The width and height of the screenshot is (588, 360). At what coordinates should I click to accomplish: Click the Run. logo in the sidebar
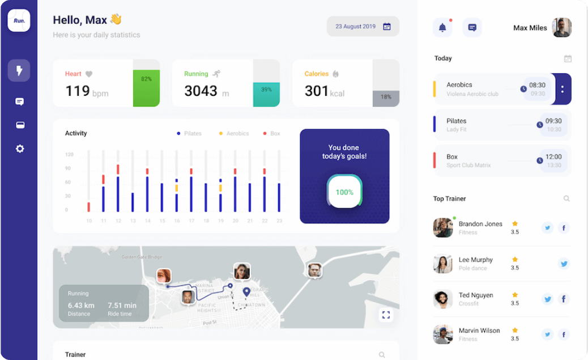pyautogui.click(x=19, y=20)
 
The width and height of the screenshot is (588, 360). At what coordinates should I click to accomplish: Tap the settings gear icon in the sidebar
pyautogui.click(x=20, y=149)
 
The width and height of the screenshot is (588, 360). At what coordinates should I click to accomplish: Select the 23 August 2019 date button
pyautogui.click(x=363, y=26)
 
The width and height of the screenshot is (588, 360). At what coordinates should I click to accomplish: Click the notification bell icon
pyautogui.click(x=442, y=27)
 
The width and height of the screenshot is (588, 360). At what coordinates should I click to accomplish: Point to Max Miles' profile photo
pyautogui.click(x=562, y=27)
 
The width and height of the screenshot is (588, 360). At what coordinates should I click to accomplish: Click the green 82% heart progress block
pyautogui.click(x=146, y=88)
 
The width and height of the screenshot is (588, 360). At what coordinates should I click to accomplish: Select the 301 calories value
pyautogui.click(x=317, y=91)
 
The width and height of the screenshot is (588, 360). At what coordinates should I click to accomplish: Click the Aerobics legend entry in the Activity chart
pyautogui.click(x=234, y=134)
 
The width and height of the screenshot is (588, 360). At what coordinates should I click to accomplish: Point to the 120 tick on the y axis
pyautogui.click(x=69, y=154)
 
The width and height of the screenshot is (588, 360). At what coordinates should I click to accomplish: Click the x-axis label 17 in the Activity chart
pyautogui.click(x=191, y=221)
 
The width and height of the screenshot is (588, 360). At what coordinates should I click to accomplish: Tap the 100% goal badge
pyautogui.click(x=344, y=192)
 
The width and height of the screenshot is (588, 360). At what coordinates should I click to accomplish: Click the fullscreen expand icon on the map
pyautogui.click(x=386, y=315)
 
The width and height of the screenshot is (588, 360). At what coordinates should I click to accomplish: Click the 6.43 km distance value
pyautogui.click(x=81, y=306)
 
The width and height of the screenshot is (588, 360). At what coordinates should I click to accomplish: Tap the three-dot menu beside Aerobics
pyautogui.click(x=562, y=89)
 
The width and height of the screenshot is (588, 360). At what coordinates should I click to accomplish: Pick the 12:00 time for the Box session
pyautogui.click(x=553, y=156)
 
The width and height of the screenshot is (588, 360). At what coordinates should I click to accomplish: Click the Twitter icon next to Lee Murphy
pyautogui.click(x=564, y=264)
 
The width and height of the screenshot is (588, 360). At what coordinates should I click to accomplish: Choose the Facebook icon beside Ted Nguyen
pyautogui.click(x=564, y=299)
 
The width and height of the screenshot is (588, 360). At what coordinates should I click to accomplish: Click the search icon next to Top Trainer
pyautogui.click(x=566, y=199)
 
